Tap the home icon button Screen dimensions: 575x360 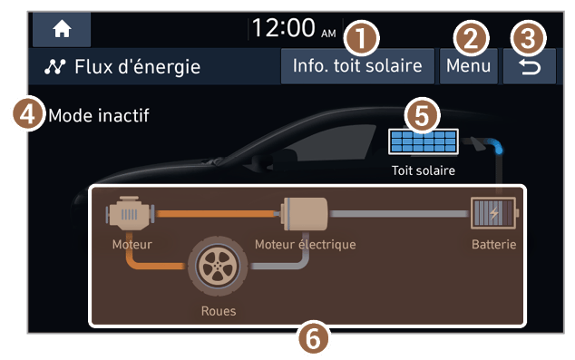click(x=62, y=29)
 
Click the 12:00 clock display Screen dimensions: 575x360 click(x=294, y=28)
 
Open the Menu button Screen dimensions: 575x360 click(x=468, y=66)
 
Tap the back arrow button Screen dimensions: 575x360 click(x=529, y=67)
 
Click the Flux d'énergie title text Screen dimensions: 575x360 click(x=138, y=67)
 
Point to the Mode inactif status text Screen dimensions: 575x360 click(x=99, y=115)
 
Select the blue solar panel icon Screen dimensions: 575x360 click(x=424, y=141)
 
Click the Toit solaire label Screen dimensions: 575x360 click(x=424, y=170)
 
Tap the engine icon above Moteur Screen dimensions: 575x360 click(x=131, y=213)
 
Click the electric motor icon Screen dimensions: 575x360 click(x=305, y=214)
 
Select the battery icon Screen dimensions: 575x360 click(x=493, y=213)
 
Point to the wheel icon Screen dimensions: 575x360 click(x=218, y=266)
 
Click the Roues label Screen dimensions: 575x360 click(x=219, y=311)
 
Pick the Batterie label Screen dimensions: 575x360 click(x=494, y=244)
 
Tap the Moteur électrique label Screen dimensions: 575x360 click(x=306, y=244)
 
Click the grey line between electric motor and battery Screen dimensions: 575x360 click(x=399, y=214)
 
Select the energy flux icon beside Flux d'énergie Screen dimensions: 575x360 click(x=55, y=67)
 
